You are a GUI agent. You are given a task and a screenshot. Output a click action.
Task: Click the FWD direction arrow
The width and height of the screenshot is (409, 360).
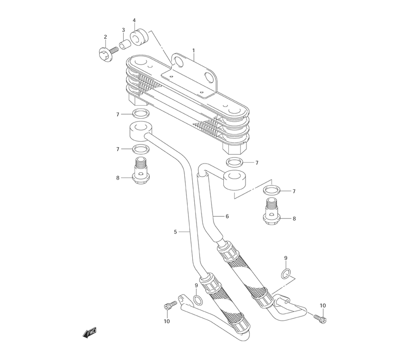click(x=90, y=333)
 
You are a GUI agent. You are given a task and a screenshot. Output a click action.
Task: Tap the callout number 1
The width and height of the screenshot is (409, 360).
click(x=193, y=50)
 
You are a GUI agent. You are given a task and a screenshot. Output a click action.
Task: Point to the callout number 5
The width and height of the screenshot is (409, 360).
click(x=175, y=232)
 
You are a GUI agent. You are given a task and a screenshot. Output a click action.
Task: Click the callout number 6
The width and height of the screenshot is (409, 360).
click(x=227, y=216)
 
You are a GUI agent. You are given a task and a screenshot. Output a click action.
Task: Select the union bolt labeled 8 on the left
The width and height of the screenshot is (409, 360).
click(x=141, y=171)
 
